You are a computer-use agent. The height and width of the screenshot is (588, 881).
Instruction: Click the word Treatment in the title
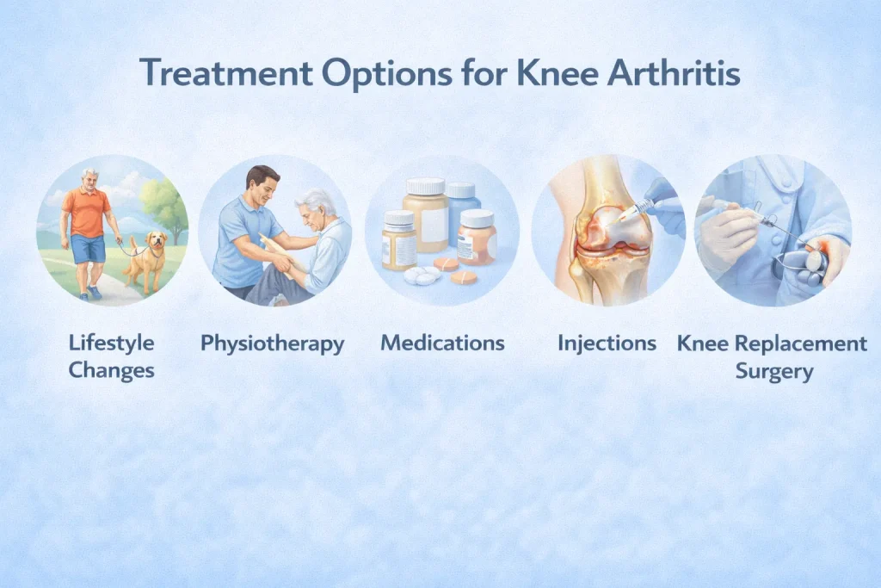pyautogui.click(x=226, y=72)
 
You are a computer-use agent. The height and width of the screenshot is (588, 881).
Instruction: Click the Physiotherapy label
pyautogui.click(x=273, y=344)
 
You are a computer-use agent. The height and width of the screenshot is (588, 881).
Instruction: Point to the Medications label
pyautogui.click(x=443, y=343)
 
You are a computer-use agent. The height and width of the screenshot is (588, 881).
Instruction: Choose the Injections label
pyautogui.click(x=607, y=344)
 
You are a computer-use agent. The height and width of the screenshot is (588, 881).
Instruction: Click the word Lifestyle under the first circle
pyautogui.click(x=111, y=343)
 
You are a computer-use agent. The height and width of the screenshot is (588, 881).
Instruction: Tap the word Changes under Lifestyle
pyautogui.click(x=111, y=370)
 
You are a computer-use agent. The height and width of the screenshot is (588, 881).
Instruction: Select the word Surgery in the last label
pyautogui.click(x=774, y=372)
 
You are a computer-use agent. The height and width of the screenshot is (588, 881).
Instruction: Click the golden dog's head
pyautogui.click(x=157, y=240)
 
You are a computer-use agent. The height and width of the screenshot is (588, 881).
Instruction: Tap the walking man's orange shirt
pyautogui.click(x=87, y=212)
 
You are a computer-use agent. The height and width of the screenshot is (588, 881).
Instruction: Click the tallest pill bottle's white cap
pyautogui.click(x=426, y=186)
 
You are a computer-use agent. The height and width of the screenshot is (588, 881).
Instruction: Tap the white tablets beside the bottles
pyautogui.click(x=422, y=275)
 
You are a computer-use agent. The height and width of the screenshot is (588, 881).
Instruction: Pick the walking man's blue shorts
pyautogui.click(x=89, y=248)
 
